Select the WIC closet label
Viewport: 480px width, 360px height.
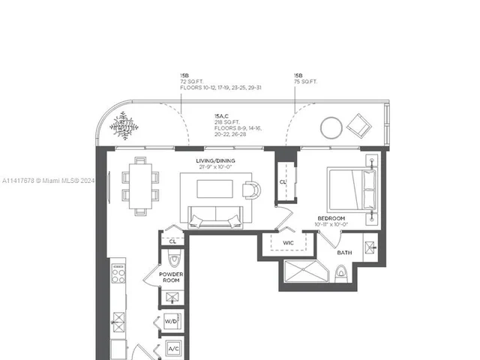coord(288,243)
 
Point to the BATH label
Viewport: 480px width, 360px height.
coord(344,253)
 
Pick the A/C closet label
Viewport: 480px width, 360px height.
coord(172,349)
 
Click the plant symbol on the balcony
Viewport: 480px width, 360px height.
coord(124,125)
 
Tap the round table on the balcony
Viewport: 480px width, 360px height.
coord(331,128)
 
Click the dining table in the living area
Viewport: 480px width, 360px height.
coord(140,186)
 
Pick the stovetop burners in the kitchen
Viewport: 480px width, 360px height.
coord(118,275)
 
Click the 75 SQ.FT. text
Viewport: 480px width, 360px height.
coord(306,82)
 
